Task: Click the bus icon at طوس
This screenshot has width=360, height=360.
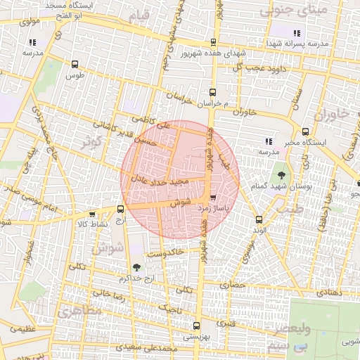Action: tap(75, 65)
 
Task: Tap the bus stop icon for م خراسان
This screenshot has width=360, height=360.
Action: tap(212, 92)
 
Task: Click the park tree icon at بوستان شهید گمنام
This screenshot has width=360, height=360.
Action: tap(282, 174)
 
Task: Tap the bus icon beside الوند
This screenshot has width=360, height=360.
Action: tap(259, 219)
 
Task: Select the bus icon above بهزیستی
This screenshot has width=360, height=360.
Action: tap(195, 326)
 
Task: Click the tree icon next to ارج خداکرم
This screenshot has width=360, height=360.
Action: tap(136, 267)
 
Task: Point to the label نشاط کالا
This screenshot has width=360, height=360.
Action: tap(93, 223)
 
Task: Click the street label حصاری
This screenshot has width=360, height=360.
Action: tap(233, 286)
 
